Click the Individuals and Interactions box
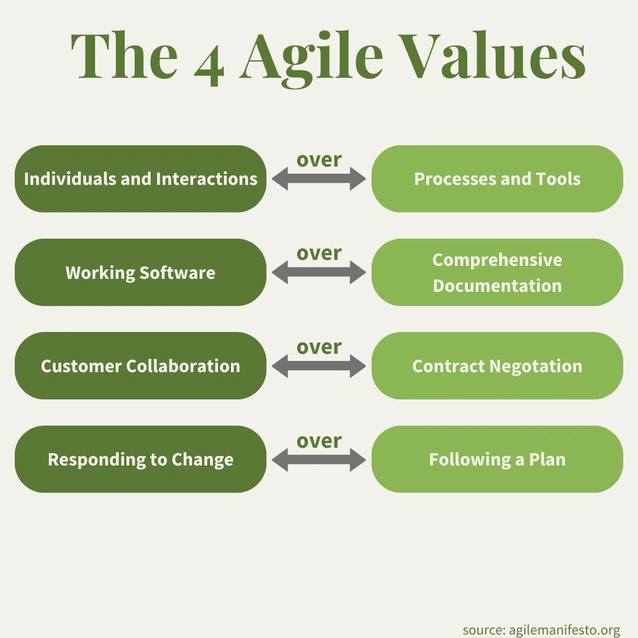coord(141,178)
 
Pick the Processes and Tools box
coord(497,178)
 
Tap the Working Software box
coord(141,272)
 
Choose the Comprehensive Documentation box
coord(497,272)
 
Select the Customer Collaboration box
coord(141,366)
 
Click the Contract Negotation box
coord(497,366)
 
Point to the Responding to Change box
coord(141,459)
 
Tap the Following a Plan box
coord(497,459)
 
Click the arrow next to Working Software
coord(319,272)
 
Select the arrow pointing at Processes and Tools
coord(319,178)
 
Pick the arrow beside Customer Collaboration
coord(319,366)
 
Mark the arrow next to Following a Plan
coord(319,459)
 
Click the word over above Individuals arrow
coord(319,159)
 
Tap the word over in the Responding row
coord(319,441)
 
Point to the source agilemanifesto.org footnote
coord(541,630)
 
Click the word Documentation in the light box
coord(497,285)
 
